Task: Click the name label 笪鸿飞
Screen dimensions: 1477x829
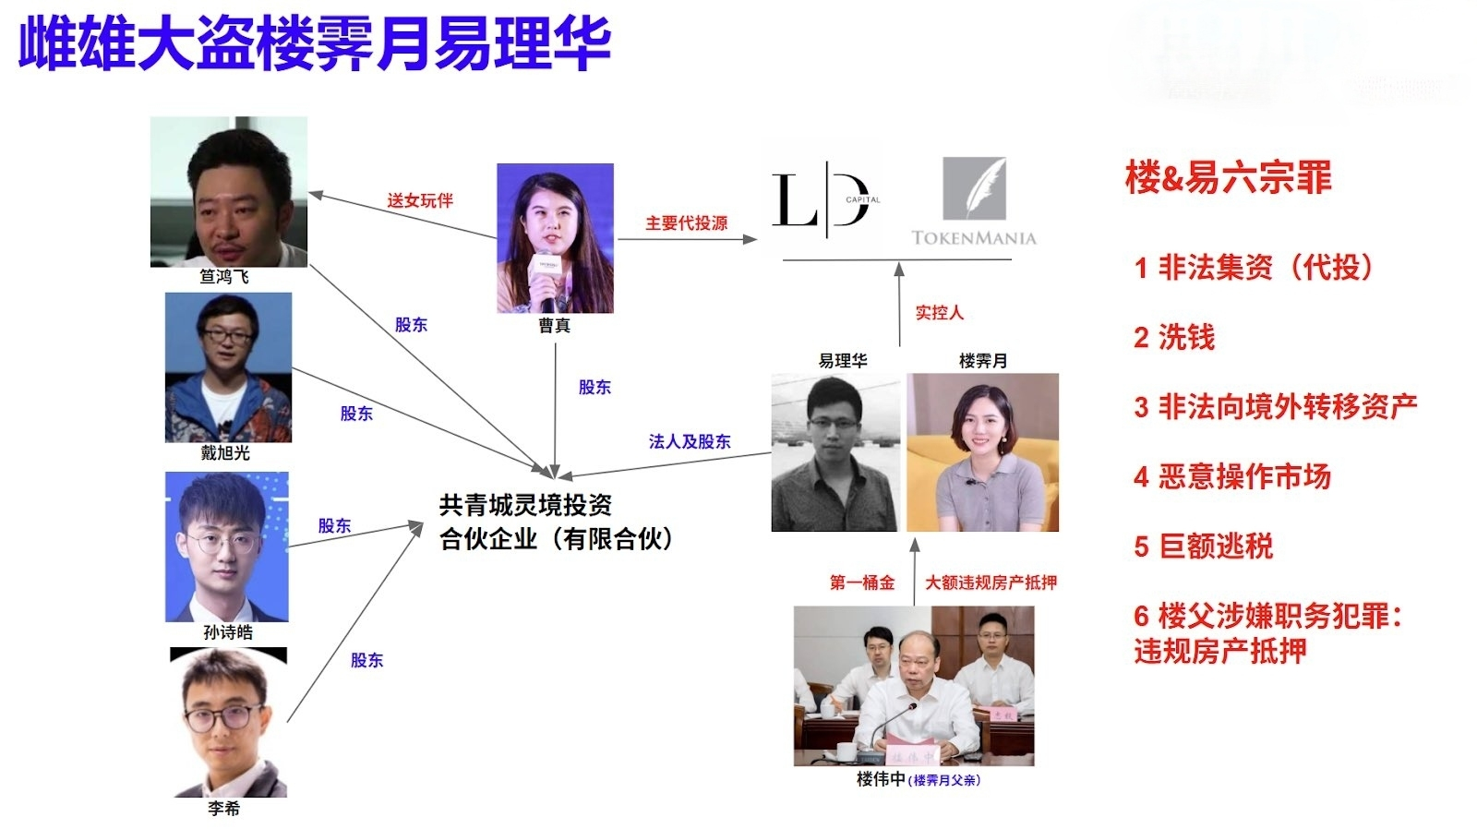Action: [x=224, y=277]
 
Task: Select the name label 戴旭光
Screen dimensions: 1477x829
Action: [x=225, y=453]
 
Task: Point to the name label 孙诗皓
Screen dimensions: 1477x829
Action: [x=227, y=632]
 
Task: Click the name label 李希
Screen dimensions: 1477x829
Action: [x=223, y=809]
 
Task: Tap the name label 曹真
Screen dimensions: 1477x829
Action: [x=554, y=326]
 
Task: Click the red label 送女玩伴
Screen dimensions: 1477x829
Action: [x=419, y=200]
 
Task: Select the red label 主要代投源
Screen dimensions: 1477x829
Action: [x=686, y=223]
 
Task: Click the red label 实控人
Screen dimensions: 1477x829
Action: [x=939, y=313]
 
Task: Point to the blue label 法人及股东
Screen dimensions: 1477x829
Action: [x=689, y=442]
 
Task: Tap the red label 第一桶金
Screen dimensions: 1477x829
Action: [x=861, y=583]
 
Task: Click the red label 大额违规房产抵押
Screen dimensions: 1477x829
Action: [x=991, y=583]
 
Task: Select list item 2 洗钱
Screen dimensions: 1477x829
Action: [x=1174, y=338]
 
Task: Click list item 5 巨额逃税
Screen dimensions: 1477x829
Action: [x=1203, y=547]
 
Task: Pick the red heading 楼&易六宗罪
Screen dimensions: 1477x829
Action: [x=1228, y=177]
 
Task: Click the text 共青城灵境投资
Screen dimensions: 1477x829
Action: [x=525, y=505]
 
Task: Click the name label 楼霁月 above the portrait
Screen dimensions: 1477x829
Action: [x=982, y=361]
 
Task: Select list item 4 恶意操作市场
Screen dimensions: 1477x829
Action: [x=1232, y=477]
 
